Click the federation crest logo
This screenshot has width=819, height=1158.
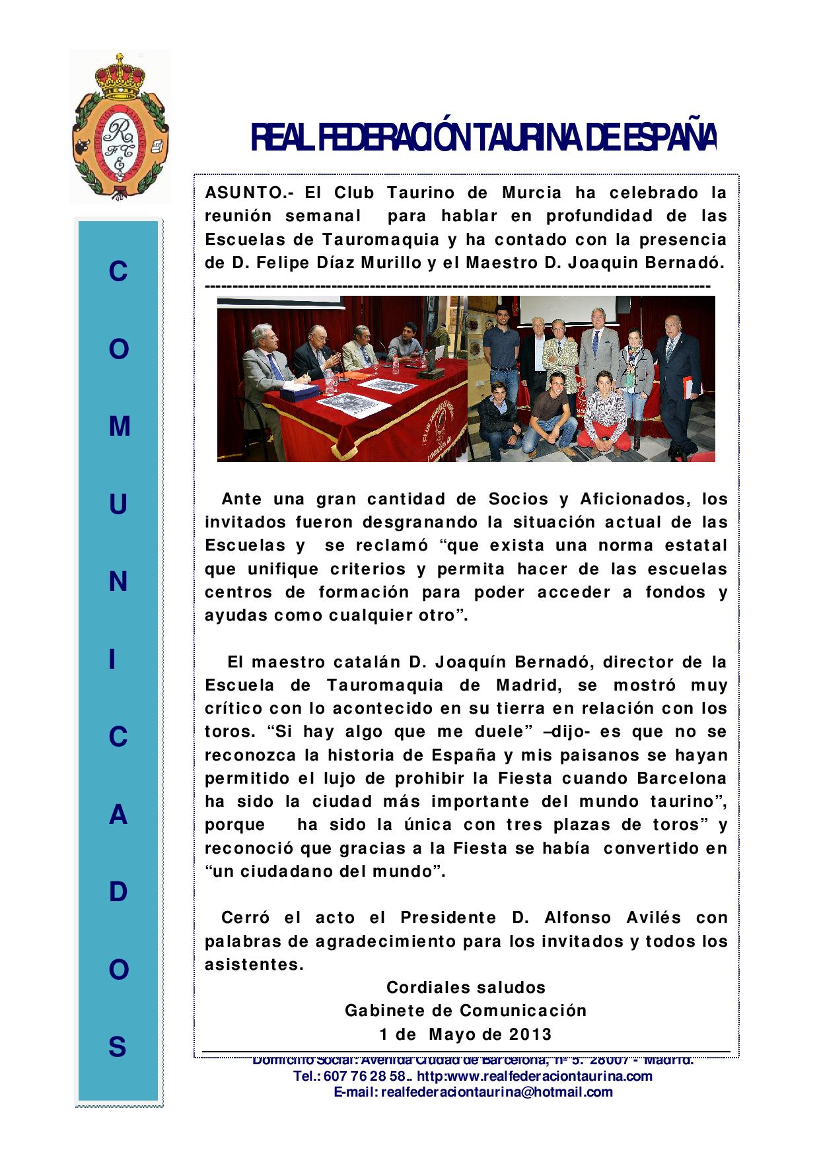click(120, 127)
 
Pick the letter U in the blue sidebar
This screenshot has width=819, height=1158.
click(118, 505)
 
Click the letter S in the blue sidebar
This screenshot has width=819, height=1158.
click(118, 1047)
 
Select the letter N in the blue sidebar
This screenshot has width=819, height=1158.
click(118, 582)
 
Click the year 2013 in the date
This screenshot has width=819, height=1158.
click(530, 1034)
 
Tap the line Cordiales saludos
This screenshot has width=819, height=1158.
click(466, 988)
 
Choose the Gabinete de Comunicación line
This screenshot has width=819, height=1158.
click(466, 1011)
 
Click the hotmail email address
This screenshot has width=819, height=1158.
click(474, 1092)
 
